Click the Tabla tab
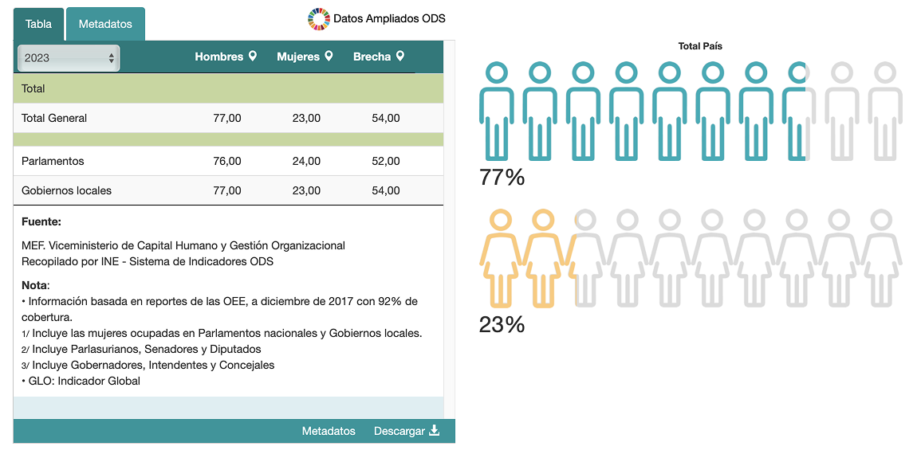[x=38, y=24]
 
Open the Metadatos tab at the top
[x=105, y=24]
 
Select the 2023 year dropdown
[x=69, y=58]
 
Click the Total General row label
[x=54, y=118]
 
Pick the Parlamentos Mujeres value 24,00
[x=306, y=161]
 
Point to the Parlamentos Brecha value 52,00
[x=386, y=161]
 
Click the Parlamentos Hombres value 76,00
[x=227, y=161]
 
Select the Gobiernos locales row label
[x=66, y=190]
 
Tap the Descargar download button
[x=407, y=431]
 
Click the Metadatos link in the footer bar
[x=329, y=431]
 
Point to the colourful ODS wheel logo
[x=318, y=18]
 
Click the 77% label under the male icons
[x=502, y=177]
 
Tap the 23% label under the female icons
[x=502, y=324]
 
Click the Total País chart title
[x=700, y=46]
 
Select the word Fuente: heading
[x=41, y=222]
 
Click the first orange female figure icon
[x=499, y=259]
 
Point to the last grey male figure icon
[x=884, y=112]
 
